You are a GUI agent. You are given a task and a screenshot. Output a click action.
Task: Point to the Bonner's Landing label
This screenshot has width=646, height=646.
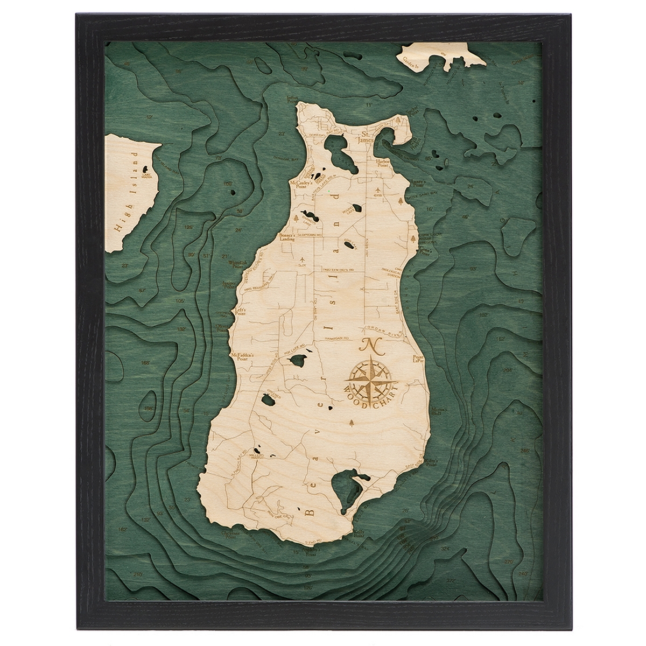coord(287,237)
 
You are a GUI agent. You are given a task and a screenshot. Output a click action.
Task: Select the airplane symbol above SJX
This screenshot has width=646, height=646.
coord(303,259)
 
